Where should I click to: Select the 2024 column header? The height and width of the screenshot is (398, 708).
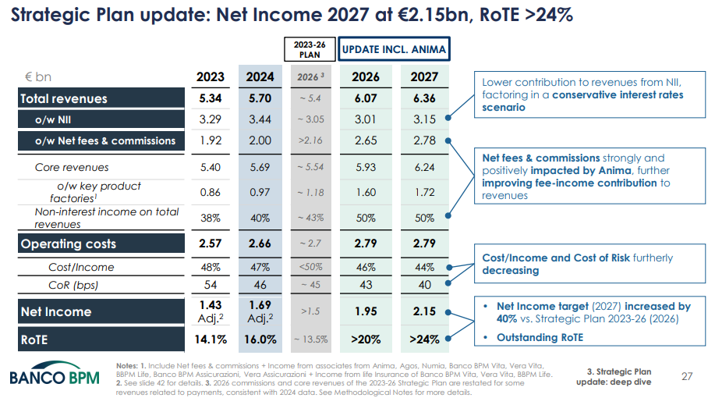260,77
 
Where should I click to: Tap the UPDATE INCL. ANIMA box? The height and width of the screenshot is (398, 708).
394,49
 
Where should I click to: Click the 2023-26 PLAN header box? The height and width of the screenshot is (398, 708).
309,49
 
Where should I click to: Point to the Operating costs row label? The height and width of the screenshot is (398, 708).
69,243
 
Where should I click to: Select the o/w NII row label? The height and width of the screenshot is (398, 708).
53,119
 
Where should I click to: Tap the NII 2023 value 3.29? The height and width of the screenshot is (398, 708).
211,119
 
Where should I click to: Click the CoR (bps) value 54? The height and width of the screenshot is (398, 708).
211,285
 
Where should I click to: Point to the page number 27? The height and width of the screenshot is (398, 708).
687,376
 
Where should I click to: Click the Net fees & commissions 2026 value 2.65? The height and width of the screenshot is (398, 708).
366,140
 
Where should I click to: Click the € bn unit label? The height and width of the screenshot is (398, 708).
38,77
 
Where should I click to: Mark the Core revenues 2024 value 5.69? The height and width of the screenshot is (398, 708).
260,167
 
